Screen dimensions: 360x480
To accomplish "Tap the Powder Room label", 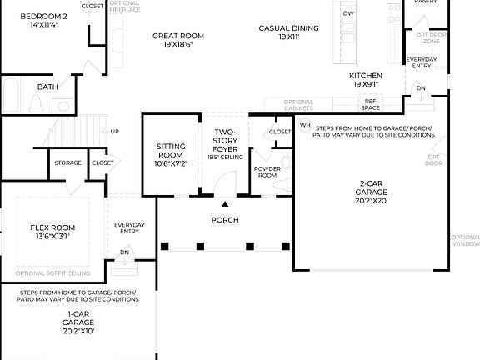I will coord(267,172).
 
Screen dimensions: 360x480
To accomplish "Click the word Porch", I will coord(225,220).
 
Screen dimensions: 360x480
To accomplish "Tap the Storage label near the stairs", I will coord(68,162).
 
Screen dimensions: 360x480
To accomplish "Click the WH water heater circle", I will coord(305,126).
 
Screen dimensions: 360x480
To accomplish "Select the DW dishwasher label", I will coord(348,14).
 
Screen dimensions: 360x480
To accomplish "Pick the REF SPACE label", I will coord(370,104).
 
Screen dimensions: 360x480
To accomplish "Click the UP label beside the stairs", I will coord(115,131).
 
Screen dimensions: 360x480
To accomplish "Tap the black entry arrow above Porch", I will coord(224,202).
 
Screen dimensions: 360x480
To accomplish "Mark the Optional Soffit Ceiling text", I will coord(52,273).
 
